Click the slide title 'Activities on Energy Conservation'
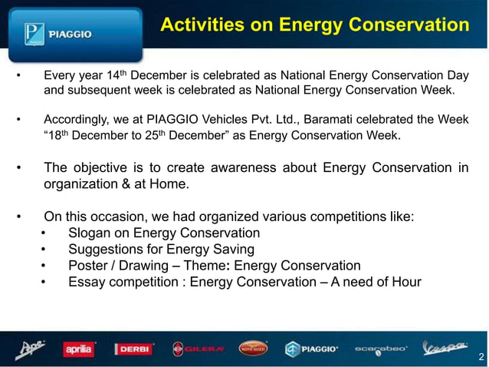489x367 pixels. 314,26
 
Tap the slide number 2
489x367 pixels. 480,357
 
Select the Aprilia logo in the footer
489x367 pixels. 78,349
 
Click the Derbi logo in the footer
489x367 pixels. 136,349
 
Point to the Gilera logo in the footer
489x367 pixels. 198,349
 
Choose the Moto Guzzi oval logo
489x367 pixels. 254,349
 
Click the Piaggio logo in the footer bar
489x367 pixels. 312,349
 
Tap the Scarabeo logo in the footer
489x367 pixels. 381,349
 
